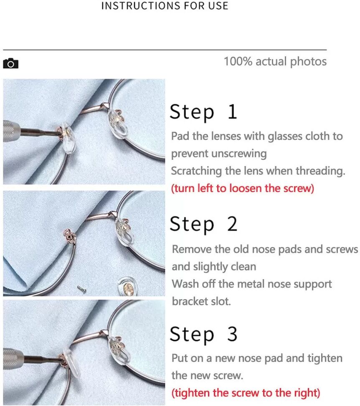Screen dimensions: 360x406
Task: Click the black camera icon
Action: [x=10, y=63]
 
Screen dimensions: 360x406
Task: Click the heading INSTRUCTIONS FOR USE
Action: [x=165, y=6]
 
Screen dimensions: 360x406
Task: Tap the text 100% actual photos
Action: [x=275, y=62]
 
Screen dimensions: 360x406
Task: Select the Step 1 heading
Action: [x=203, y=112]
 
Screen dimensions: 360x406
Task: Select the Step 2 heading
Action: [x=203, y=224]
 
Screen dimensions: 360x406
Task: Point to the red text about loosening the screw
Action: [x=243, y=188]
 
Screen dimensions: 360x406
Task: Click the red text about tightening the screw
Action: [x=246, y=393]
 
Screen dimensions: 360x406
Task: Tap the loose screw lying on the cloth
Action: [x=82, y=289]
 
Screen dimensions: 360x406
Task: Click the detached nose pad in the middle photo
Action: [x=127, y=287]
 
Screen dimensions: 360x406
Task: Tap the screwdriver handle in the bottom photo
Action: [x=13, y=358]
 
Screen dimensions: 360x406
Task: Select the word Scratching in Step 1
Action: [x=196, y=171]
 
